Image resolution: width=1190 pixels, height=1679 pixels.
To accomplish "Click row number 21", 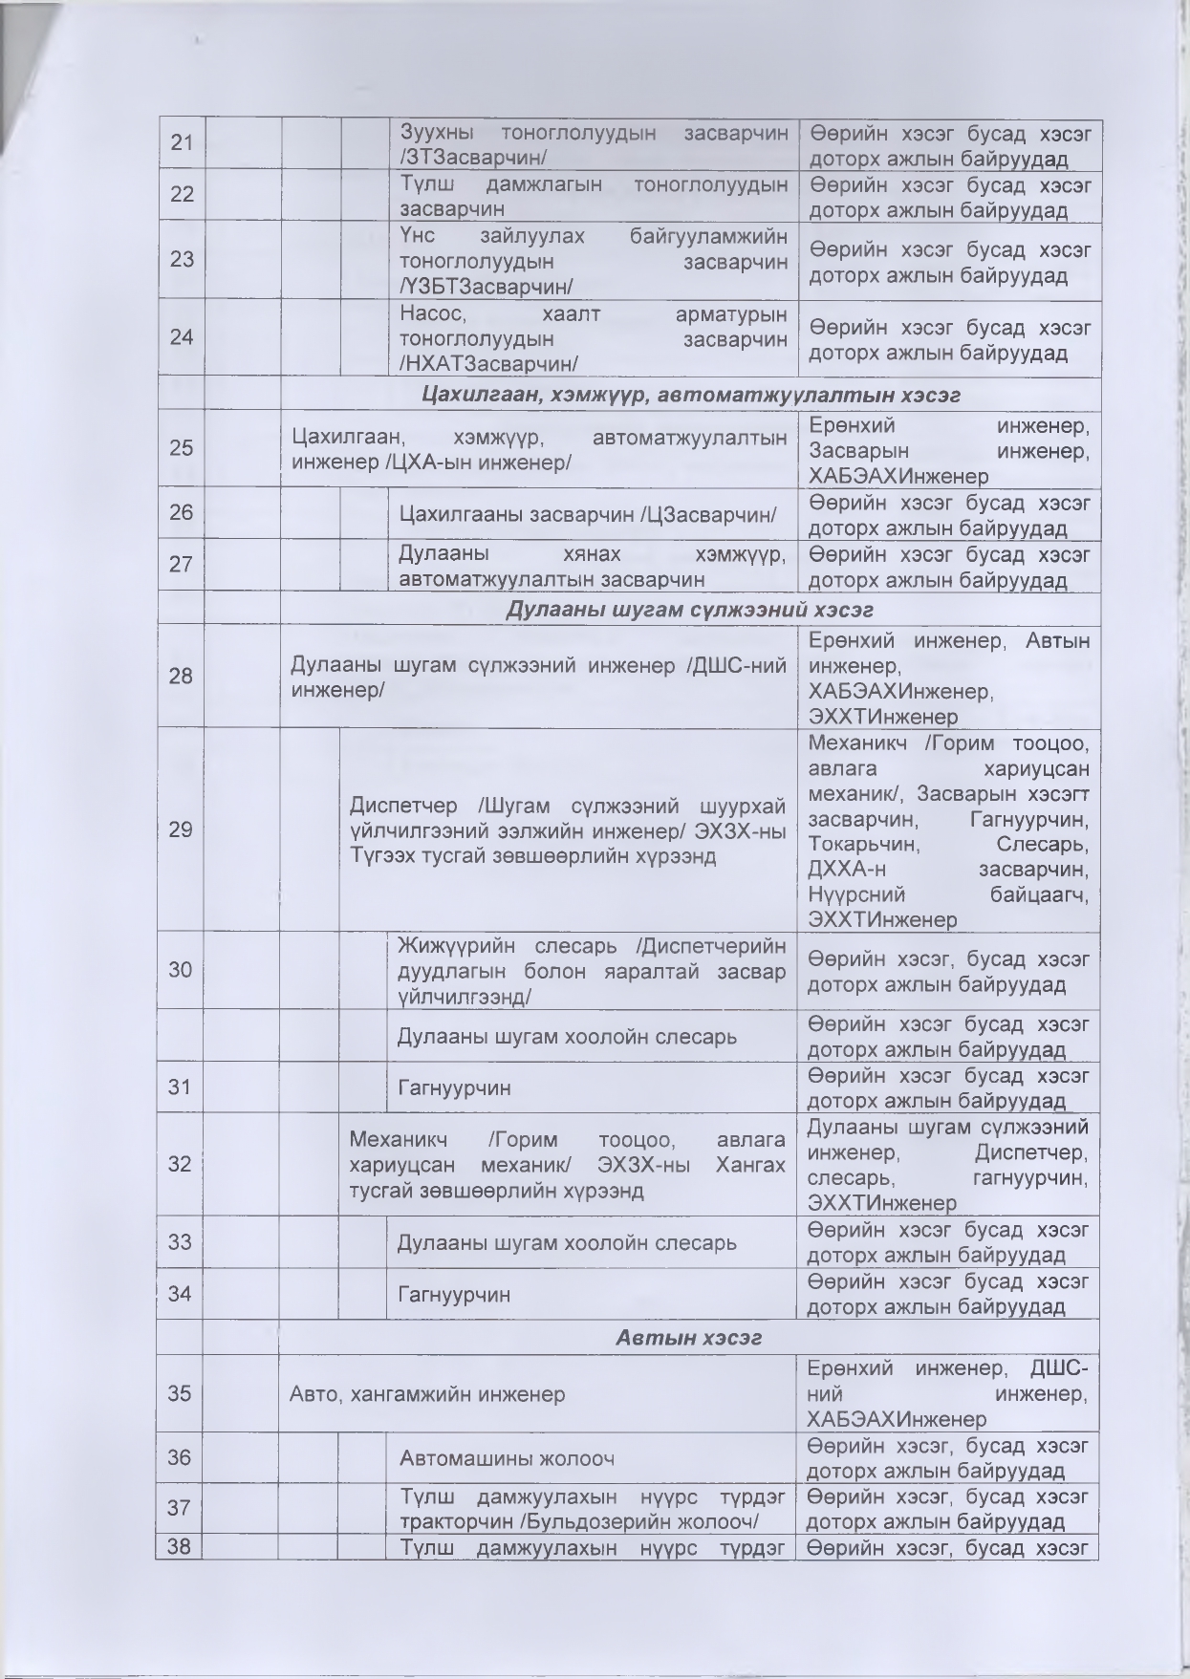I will pyautogui.click(x=182, y=143).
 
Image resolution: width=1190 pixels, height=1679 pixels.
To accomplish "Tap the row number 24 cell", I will pyautogui.click(x=182, y=336).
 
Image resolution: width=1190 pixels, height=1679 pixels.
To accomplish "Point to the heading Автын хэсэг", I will pyautogui.click(x=688, y=1337).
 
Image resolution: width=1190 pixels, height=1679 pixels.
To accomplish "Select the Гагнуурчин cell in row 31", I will pyautogui.click(x=454, y=1087).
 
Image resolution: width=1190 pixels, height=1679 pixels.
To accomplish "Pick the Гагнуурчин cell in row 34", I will pyautogui.click(x=454, y=1294).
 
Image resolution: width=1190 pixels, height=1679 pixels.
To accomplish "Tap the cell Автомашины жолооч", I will pyautogui.click(x=507, y=1458).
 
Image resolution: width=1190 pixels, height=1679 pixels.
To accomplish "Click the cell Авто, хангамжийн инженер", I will pyautogui.click(x=427, y=1394).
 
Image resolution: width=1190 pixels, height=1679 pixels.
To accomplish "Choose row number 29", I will pyautogui.click(x=181, y=829).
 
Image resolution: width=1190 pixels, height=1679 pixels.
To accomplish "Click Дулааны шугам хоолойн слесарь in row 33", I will pyautogui.click(x=567, y=1242).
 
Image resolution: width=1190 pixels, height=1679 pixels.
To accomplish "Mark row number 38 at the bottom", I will pyautogui.click(x=180, y=1545).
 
